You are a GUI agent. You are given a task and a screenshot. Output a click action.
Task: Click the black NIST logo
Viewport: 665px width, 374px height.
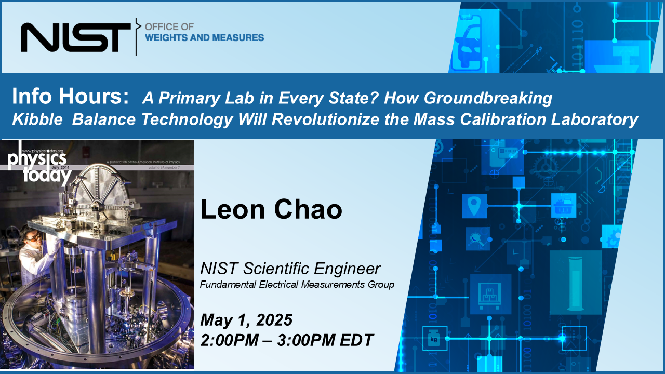[x=75, y=37]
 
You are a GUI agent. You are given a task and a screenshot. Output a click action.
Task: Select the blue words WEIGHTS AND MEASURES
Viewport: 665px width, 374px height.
[x=204, y=37]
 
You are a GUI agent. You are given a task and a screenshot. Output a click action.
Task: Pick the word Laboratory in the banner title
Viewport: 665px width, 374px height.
[x=591, y=120]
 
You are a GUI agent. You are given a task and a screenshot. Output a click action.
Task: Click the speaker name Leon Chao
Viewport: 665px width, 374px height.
[x=271, y=210]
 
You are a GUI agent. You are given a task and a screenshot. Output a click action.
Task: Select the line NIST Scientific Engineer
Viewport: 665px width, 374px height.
[x=290, y=269]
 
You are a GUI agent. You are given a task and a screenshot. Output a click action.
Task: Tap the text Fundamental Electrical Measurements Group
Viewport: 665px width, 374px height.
[x=297, y=284]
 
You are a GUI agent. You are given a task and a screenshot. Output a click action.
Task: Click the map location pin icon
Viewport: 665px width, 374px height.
[x=474, y=206]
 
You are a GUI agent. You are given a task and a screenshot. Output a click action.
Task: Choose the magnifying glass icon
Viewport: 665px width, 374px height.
[x=476, y=239]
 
